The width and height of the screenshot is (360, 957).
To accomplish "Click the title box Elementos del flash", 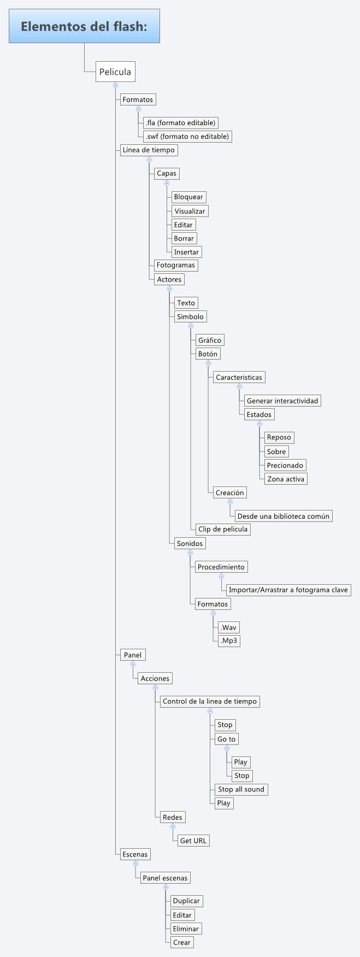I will [x=84, y=26].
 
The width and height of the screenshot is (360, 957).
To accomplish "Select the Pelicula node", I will [x=115, y=72].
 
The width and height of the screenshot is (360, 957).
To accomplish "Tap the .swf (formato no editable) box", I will [x=187, y=136].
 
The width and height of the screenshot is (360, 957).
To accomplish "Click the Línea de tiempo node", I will [x=149, y=150].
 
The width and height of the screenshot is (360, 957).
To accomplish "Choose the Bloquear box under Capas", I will [x=188, y=197].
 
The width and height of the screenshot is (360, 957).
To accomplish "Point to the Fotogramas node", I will [x=175, y=265].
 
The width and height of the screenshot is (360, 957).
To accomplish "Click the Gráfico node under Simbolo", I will [x=210, y=340].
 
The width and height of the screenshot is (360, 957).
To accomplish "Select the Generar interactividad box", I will [x=282, y=401].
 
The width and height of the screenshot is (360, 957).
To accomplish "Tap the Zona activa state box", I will [x=286, y=479].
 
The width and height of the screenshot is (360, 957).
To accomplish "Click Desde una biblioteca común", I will [x=283, y=516].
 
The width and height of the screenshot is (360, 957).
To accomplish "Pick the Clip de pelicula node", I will [x=223, y=529].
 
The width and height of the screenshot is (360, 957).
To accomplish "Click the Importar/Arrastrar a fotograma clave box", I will [x=288, y=590].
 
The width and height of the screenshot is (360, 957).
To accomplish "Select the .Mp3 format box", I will [x=229, y=641].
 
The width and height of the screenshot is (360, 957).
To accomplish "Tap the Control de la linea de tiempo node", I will [x=209, y=701].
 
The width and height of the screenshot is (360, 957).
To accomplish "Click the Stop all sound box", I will [x=241, y=789].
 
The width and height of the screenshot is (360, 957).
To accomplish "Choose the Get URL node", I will [x=193, y=841].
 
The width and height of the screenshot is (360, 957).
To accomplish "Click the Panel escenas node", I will [x=165, y=878].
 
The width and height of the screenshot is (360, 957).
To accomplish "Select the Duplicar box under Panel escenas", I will [x=186, y=901].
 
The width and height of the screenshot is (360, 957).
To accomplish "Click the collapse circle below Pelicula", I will [x=115, y=85].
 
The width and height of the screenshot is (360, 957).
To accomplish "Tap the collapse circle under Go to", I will [x=227, y=748].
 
